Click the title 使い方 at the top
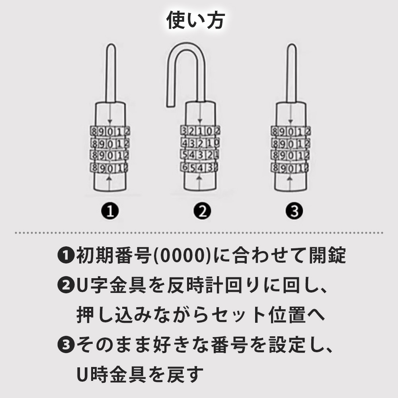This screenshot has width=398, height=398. pos(195,20)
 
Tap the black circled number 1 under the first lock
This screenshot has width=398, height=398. pos(110,211)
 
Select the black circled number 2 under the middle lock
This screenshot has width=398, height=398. pos(202,211)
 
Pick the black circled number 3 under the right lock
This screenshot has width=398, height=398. pos(294,211)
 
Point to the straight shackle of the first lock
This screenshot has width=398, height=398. pos(111,73)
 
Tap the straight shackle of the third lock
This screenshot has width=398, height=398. pos(292,73)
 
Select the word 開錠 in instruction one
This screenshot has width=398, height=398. pos(327,255)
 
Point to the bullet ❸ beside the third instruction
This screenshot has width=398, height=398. pos(66,345)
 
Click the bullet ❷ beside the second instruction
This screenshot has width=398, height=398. pos(66,285)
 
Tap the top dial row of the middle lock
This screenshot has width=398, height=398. pos(200,131)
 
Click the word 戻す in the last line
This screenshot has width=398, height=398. pos(185,375)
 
